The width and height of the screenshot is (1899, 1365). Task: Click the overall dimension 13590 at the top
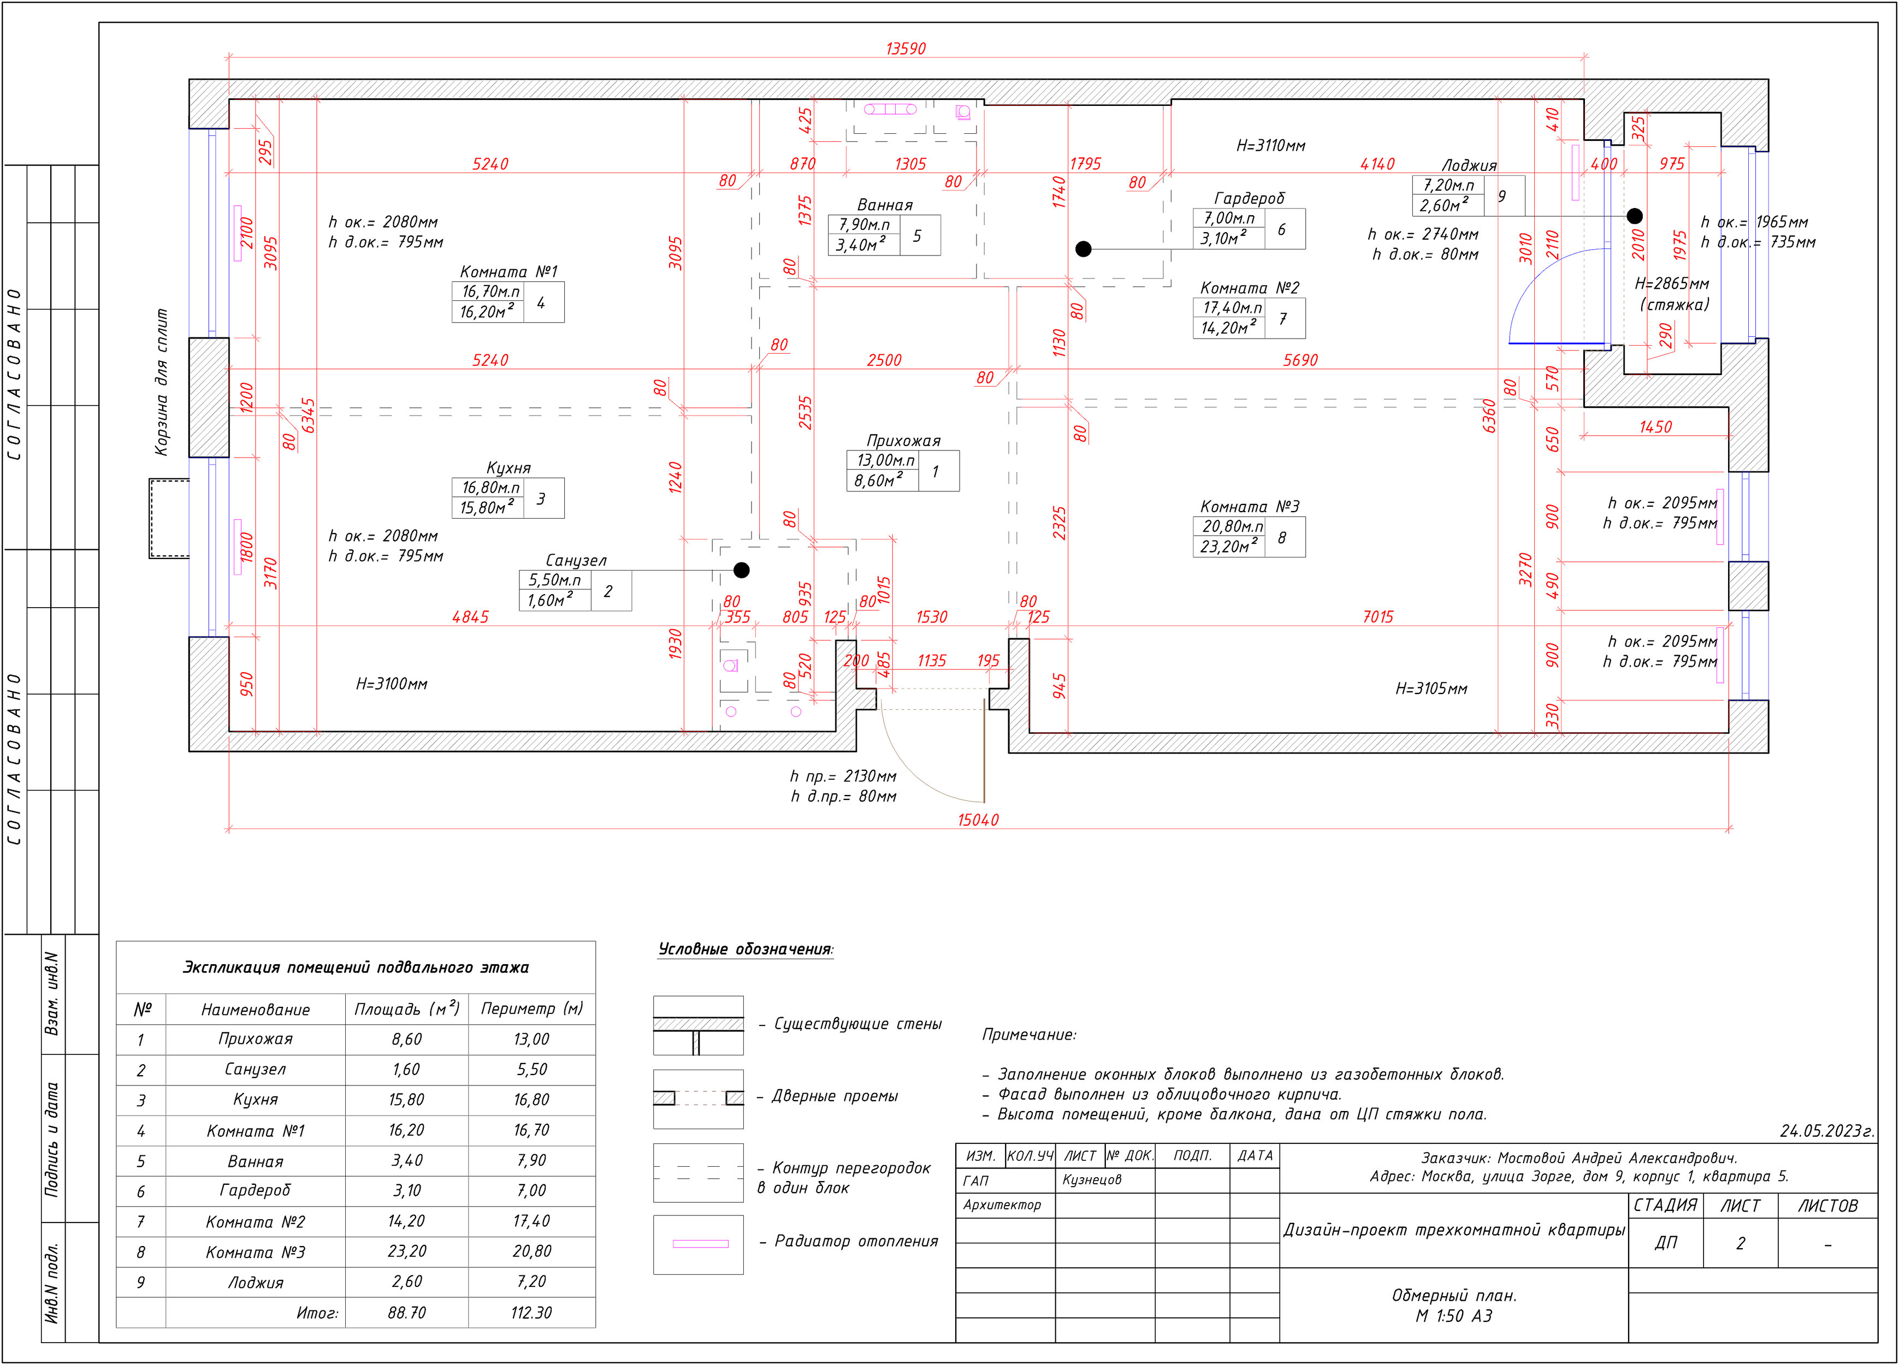pyautogui.click(x=906, y=49)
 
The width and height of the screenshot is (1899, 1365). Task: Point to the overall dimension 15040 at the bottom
pyautogui.click(x=978, y=820)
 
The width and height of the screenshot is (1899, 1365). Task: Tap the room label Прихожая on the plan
pyautogui.click(x=903, y=440)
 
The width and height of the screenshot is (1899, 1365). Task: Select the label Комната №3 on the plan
pyautogui.click(x=1249, y=506)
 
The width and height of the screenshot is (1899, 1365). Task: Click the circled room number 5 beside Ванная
pyautogui.click(x=917, y=236)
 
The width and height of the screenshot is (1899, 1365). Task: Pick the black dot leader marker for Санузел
pyautogui.click(x=741, y=570)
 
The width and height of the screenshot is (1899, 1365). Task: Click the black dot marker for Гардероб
pyautogui.click(x=1084, y=248)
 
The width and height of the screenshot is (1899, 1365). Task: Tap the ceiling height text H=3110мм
pyautogui.click(x=1270, y=146)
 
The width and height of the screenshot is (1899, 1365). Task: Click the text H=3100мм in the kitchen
pyautogui.click(x=392, y=684)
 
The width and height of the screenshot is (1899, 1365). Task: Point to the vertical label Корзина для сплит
pyautogui.click(x=162, y=382)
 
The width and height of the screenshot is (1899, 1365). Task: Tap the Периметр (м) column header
pyautogui.click(x=531, y=1008)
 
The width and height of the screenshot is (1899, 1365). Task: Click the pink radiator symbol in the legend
pyautogui.click(x=700, y=1244)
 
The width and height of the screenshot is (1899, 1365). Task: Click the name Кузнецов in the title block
pyautogui.click(x=1092, y=1180)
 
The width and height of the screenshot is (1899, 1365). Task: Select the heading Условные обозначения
pyautogui.click(x=745, y=949)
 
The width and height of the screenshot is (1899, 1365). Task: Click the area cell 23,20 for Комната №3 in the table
pyautogui.click(x=406, y=1252)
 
